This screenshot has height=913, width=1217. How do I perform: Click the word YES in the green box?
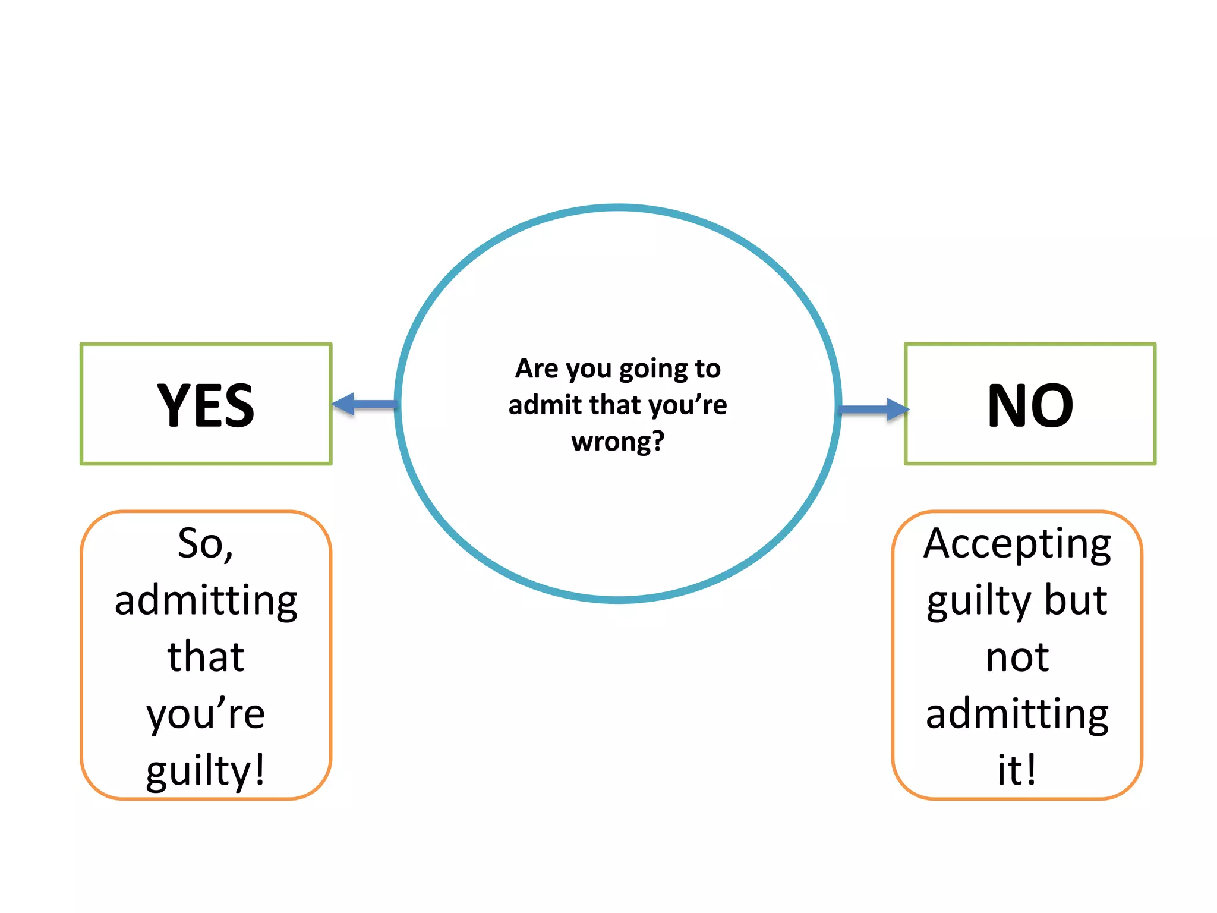(x=206, y=405)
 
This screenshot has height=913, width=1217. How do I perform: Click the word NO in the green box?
(x=1030, y=405)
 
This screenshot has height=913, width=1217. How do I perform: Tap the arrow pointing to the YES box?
(x=364, y=404)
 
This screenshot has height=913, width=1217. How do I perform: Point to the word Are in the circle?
(x=537, y=369)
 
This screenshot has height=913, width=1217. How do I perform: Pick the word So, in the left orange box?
(x=206, y=543)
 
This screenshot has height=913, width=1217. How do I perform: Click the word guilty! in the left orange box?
(x=206, y=770)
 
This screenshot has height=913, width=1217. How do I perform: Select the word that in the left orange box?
(x=206, y=657)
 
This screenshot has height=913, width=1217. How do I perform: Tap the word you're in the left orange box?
(x=206, y=713)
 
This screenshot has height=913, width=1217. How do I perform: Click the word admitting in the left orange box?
(x=206, y=600)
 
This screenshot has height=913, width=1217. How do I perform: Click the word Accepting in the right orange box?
(x=1017, y=544)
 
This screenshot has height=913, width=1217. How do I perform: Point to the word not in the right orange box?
(x=1017, y=657)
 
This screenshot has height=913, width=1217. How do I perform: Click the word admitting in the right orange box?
(x=1017, y=714)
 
